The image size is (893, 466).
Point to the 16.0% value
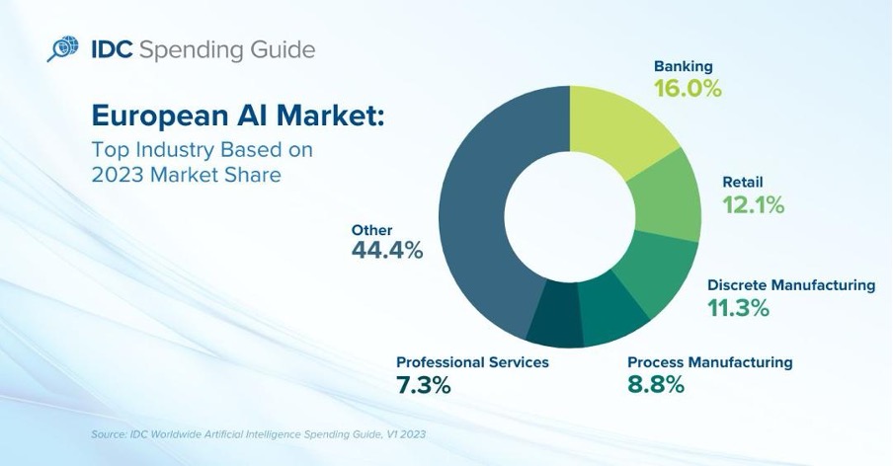688,88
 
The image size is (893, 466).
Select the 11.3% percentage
738,308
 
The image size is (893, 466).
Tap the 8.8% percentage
656,385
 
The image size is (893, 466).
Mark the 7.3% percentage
424,385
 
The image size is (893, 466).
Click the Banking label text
683,66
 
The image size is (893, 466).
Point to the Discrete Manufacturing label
790,285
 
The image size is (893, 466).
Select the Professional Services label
472,362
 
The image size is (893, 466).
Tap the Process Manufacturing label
709,362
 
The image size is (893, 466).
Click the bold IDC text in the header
114,50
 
